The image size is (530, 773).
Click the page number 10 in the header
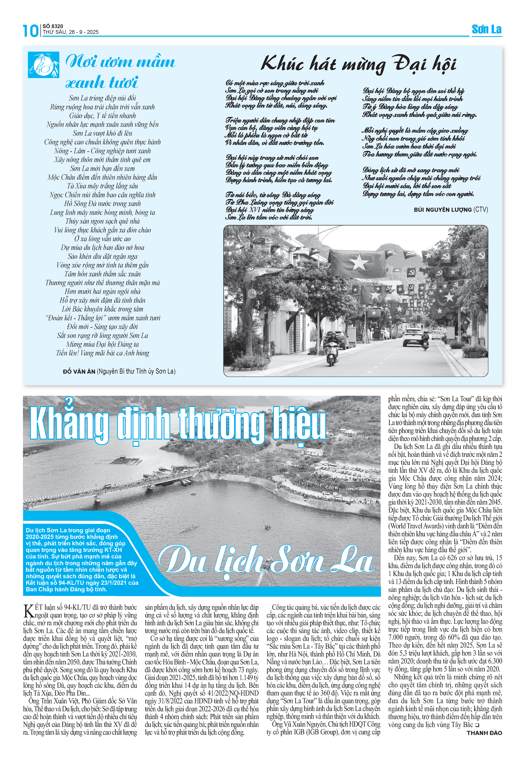click(31, 31)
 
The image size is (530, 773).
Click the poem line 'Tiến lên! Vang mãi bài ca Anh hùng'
click(103, 353)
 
